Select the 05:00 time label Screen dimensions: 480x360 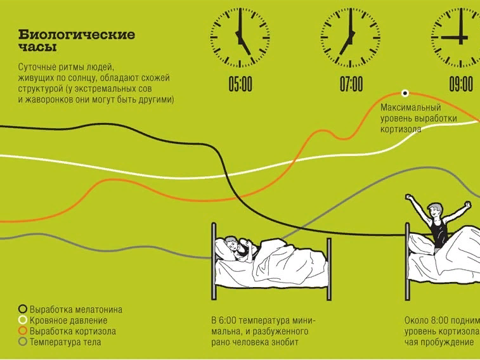pyautogui.click(x=240, y=84)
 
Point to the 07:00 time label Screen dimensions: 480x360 pyautogui.click(x=351, y=84)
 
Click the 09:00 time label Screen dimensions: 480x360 pyautogui.click(x=461, y=84)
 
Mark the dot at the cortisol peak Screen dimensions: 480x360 pyautogui.click(x=404, y=93)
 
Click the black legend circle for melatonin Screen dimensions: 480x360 pyautogui.click(x=23, y=309)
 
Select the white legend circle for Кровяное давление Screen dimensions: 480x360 pyautogui.click(x=23, y=320)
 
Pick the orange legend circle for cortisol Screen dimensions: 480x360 pyautogui.click(x=23, y=331)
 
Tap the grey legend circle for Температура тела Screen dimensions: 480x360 pyautogui.click(x=23, y=342)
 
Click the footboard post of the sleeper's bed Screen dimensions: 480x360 pyautogui.click(x=329, y=266)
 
